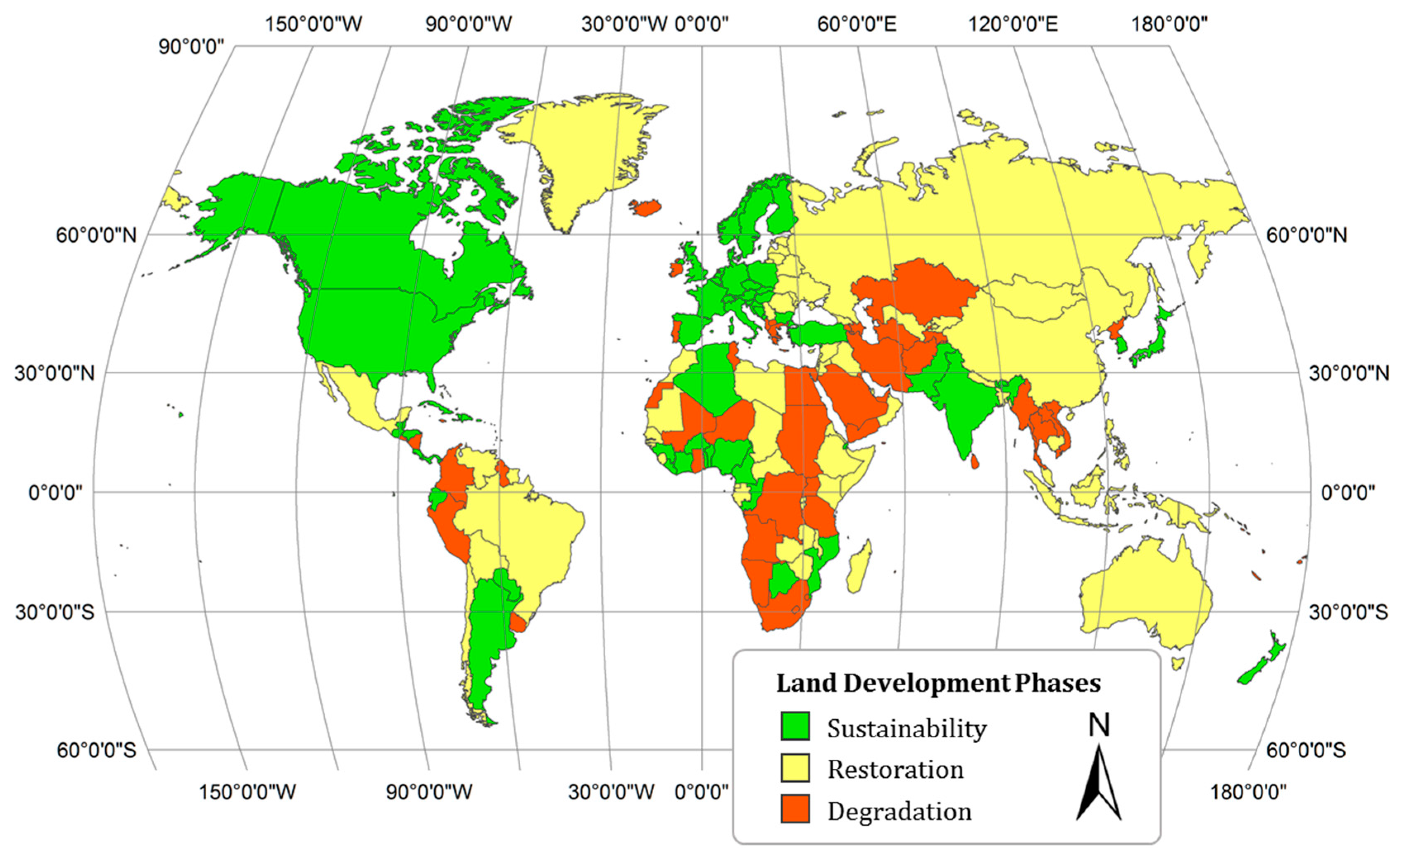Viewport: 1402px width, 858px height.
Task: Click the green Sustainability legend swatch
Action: [795, 726]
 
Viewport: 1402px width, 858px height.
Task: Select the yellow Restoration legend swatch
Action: [795, 768]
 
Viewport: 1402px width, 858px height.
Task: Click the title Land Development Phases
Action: [938, 683]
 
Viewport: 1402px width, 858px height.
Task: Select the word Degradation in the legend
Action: [900, 811]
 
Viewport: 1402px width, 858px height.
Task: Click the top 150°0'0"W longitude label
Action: [314, 24]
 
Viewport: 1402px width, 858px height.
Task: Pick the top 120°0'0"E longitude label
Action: [1013, 24]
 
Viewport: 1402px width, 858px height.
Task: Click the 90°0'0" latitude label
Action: [192, 47]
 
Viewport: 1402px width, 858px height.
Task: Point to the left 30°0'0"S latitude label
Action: [55, 613]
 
